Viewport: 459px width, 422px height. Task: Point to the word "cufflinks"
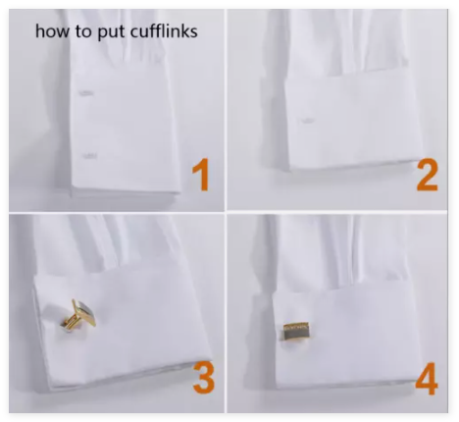164,31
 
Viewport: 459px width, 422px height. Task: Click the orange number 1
201,174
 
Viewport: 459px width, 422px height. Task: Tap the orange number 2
427,175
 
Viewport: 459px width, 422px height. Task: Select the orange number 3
204,378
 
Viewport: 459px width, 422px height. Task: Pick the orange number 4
427,378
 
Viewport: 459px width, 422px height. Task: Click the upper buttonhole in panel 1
86,93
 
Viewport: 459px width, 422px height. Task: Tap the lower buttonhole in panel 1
89,156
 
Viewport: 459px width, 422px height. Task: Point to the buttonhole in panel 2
308,121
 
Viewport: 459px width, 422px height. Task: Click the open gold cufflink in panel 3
78,314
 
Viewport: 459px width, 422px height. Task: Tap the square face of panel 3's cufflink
85,312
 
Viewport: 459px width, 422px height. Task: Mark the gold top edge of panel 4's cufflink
295,326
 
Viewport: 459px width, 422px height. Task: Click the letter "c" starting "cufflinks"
134,33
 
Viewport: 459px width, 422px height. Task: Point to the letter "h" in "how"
39,31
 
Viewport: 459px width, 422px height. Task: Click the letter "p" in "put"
102,34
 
